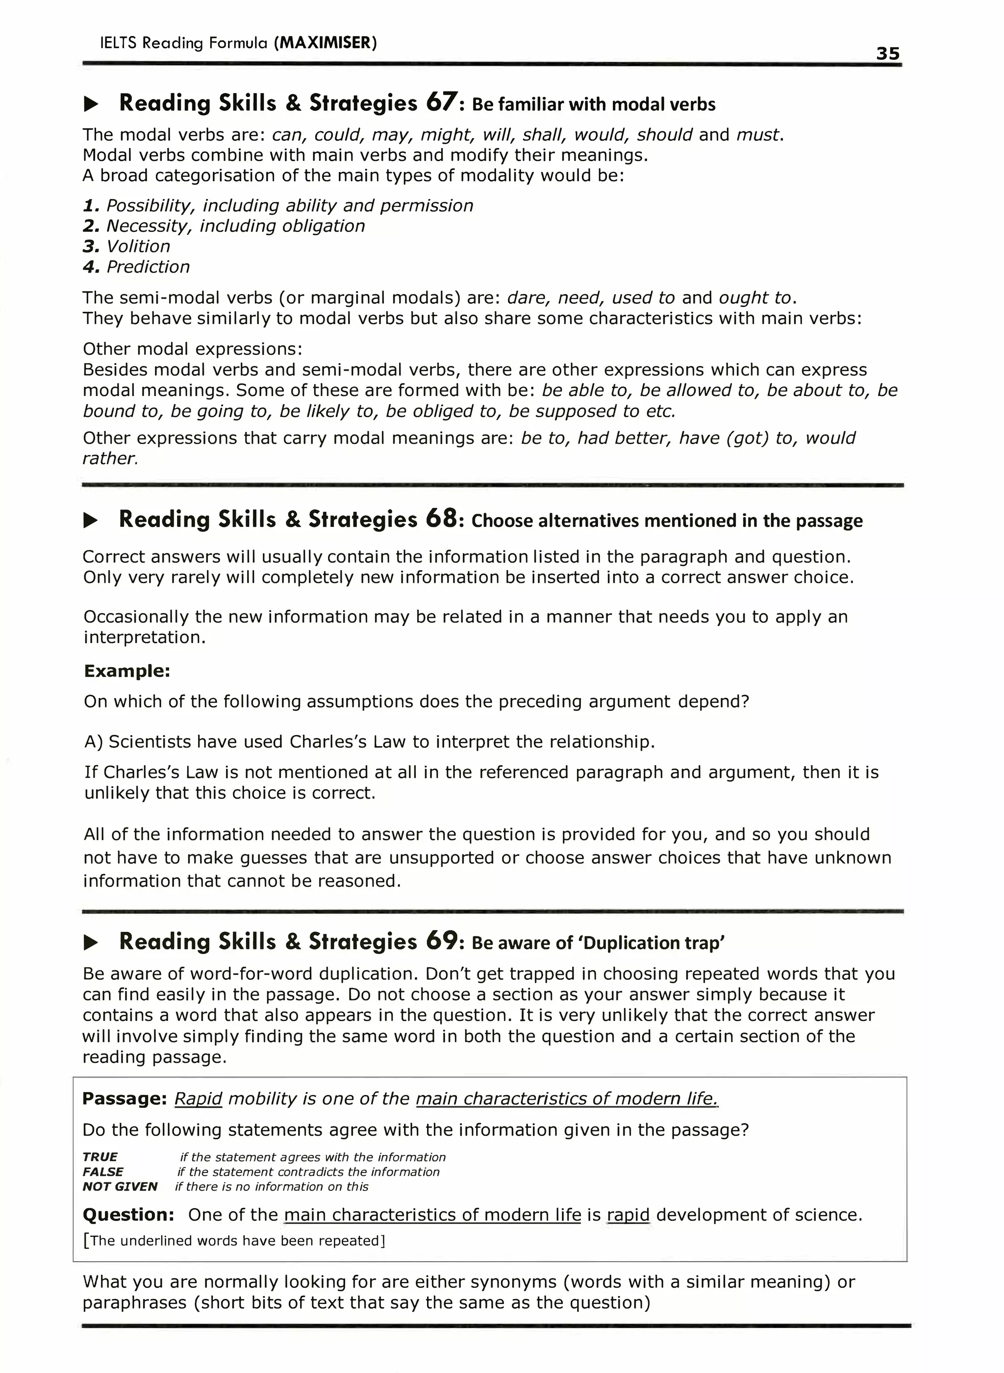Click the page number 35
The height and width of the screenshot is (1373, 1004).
pos(887,53)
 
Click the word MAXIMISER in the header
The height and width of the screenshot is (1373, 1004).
pos(325,43)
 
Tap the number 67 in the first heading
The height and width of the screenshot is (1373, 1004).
pos(440,102)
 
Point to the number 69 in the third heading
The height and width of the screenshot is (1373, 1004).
pos(441,941)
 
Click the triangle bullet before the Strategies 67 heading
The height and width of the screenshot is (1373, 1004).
pos(91,104)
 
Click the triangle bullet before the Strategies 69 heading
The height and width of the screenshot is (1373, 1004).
pos(91,943)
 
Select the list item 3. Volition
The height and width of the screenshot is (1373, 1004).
pos(126,246)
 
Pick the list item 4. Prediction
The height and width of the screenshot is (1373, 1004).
pos(136,267)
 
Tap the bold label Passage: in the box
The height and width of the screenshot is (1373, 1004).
pos(124,1098)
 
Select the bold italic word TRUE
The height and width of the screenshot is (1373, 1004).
pos(100,1157)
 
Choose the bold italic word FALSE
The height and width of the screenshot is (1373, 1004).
pos(103,1172)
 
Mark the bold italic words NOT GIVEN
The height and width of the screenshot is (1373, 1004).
pos(119,1187)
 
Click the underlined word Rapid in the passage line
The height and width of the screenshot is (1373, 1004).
pos(198,1098)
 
